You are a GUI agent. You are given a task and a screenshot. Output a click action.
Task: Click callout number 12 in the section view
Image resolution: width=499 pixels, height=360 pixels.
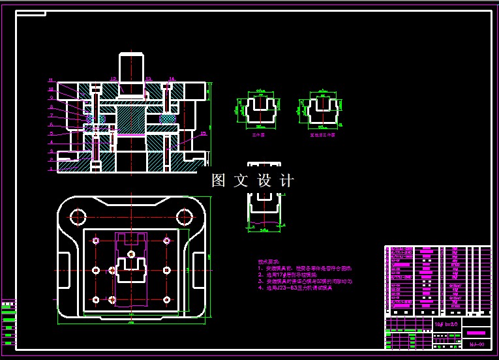[x=113, y=79]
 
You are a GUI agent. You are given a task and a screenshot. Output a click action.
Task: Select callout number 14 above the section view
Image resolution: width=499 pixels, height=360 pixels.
[x=172, y=79]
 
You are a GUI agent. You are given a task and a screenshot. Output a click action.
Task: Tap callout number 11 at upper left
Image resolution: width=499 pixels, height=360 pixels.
[x=51, y=80]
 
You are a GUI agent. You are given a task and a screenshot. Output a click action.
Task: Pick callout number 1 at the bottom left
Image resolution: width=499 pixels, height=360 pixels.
[x=51, y=168]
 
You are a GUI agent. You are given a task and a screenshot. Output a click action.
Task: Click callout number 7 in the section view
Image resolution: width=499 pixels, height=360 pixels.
[x=51, y=115]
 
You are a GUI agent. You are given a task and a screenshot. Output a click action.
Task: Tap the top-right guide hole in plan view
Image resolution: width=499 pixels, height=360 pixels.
[x=185, y=216]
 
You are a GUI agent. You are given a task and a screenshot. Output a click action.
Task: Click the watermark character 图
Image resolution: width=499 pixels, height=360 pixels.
[x=219, y=181]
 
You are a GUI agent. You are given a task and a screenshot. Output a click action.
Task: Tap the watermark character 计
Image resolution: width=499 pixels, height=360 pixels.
[x=287, y=181]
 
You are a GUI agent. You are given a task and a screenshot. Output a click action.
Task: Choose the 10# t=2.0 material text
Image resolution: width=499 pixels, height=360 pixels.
[x=447, y=323]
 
